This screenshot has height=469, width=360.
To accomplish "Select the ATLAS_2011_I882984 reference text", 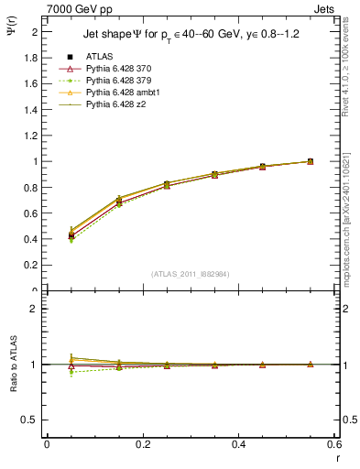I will coord(190,274).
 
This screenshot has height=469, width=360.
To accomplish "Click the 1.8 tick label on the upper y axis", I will coord(29,57).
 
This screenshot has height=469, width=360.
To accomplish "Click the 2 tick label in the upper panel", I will coord(34,31).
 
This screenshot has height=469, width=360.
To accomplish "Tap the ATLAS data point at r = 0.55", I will coord(310,161).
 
